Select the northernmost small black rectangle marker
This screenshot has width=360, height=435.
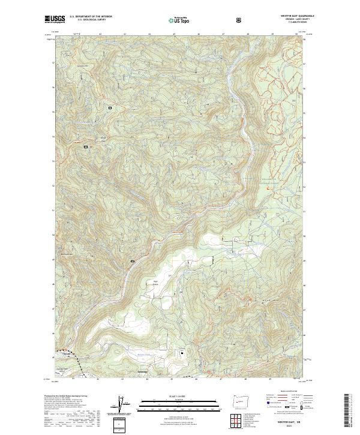(x=110, y=108)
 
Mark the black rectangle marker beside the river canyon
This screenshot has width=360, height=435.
(x=133, y=262)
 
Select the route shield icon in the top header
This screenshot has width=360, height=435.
(x=240, y=20)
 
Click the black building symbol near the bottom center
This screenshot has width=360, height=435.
(x=182, y=353)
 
